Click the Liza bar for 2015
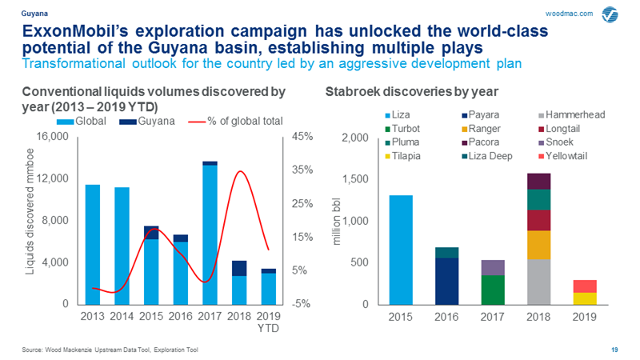(x=400, y=250)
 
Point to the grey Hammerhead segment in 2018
(x=539, y=282)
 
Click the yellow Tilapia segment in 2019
(x=585, y=298)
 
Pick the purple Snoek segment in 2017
(x=493, y=267)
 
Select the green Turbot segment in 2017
(x=493, y=290)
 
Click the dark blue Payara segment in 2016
(x=446, y=281)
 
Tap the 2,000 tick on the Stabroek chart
(x=358, y=138)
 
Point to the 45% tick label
(x=302, y=138)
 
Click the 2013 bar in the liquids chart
(x=93, y=244)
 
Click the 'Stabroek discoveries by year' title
(x=400, y=92)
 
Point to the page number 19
(x=614, y=350)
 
